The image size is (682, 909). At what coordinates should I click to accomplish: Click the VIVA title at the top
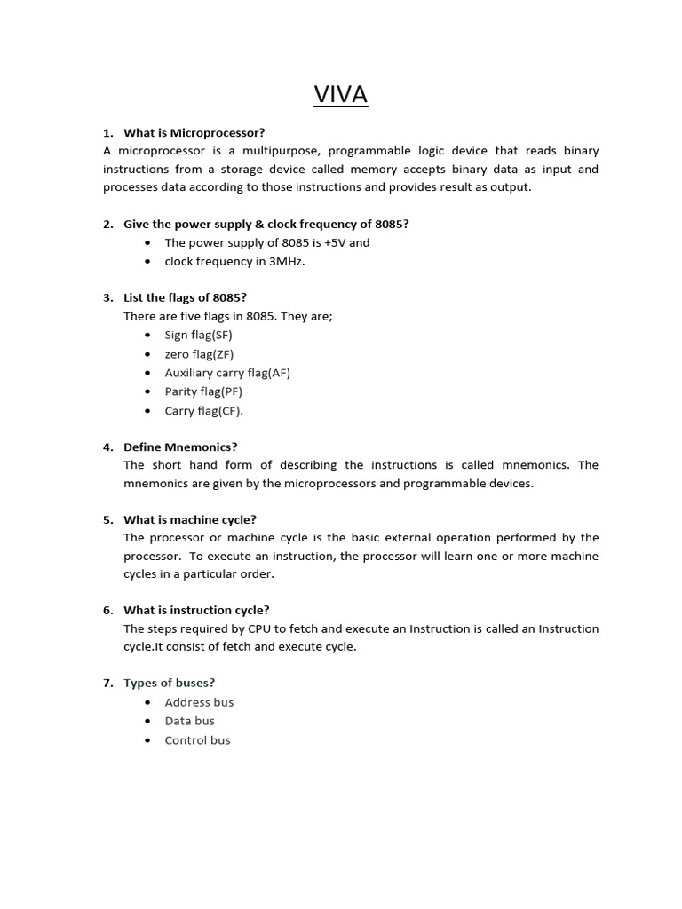(x=341, y=95)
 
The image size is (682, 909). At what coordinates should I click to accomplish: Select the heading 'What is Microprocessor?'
(x=194, y=133)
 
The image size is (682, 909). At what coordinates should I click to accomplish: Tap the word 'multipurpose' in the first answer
(x=288, y=151)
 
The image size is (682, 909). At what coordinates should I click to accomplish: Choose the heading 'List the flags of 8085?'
(x=185, y=297)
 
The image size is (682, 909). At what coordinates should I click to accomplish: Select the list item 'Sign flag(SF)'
(x=198, y=335)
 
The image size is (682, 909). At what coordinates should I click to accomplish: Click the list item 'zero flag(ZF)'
(x=199, y=354)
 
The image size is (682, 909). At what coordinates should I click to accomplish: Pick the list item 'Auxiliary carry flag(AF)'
(x=227, y=373)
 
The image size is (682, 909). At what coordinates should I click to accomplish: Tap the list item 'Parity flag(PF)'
(x=203, y=391)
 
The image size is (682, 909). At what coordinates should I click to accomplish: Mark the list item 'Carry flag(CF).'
(x=203, y=411)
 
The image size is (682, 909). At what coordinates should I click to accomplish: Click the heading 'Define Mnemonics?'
(x=180, y=447)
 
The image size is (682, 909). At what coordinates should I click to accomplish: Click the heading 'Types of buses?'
(x=169, y=683)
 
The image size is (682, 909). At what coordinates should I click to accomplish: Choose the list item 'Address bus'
(x=199, y=702)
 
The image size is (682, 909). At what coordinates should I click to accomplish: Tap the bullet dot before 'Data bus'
(x=147, y=722)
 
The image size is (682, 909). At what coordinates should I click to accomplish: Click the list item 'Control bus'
(x=197, y=740)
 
